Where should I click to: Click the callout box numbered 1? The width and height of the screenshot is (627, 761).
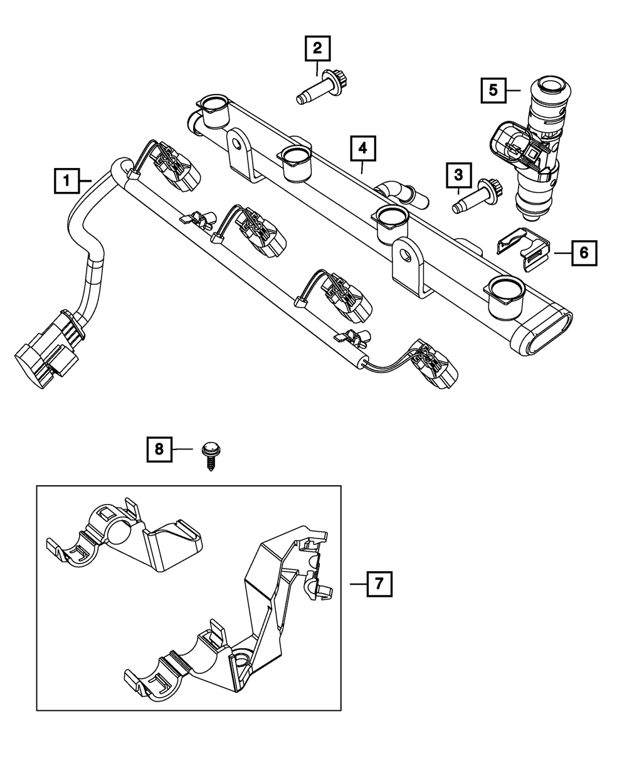tap(66, 181)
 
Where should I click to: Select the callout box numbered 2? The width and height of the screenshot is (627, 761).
tap(317, 48)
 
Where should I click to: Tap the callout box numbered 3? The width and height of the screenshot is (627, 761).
tap(458, 175)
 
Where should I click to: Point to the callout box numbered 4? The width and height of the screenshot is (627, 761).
tap(362, 149)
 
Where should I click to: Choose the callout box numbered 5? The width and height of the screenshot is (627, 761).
tap(493, 90)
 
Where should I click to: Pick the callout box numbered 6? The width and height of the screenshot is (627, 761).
tap(584, 253)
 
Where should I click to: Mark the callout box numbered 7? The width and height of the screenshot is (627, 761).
tap(379, 584)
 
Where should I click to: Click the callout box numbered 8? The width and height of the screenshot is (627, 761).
tap(159, 449)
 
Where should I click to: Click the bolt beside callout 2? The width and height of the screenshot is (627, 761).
tap(322, 87)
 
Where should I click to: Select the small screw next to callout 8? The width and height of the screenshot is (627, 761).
tap(211, 457)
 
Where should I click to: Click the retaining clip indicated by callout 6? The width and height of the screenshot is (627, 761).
tap(523, 249)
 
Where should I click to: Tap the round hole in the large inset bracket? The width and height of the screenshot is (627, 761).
tap(240, 659)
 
